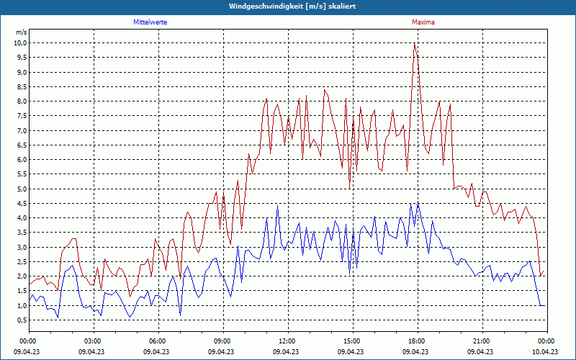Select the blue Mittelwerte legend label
pos(150,22)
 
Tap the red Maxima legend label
pos(423,22)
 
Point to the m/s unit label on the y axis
pos(21,32)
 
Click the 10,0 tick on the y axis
pos(20,43)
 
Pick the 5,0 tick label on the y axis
pos(22,189)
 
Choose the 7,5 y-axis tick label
pos(22,116)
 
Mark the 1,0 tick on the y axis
pos(22,305)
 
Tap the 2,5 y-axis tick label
pos(22,262)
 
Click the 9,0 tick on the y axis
pos(22,72)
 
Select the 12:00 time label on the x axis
pos(287,341)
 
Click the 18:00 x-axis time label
pos(416,341)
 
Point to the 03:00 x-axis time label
pos(92,341)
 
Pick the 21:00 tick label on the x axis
pos(481,341)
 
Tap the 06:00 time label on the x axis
pos(157,341)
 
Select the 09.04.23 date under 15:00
pos(351,352)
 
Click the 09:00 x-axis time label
pos(222,341)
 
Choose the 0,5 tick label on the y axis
pos(22,320)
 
